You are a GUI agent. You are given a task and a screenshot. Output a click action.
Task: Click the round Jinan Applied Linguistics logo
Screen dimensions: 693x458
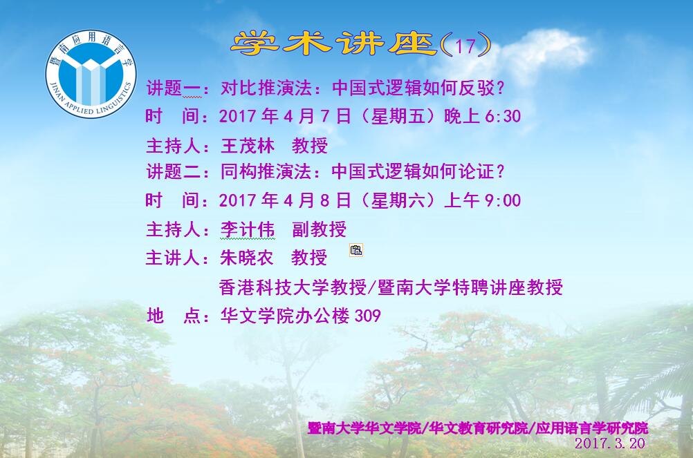coord(91,74)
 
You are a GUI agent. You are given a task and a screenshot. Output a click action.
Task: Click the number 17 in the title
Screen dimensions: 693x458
coord(465,46)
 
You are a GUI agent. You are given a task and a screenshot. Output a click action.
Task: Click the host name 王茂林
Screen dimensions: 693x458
coord(248,146)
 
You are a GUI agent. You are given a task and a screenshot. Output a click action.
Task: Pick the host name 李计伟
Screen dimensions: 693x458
coord(248,229)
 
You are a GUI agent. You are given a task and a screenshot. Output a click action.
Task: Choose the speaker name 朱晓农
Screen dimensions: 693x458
coord(247,258)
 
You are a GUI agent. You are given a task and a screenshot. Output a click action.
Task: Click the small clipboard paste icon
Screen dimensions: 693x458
coord(356,250)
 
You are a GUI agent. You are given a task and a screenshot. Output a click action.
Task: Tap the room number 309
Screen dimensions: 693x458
coord(368,316)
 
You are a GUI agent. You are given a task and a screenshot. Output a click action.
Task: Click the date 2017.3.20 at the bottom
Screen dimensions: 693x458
coord(610,443)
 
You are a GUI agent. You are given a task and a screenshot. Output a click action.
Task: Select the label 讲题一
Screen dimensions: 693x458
coord(174,88)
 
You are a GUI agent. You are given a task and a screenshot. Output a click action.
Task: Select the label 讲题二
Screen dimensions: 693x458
coord(174,171)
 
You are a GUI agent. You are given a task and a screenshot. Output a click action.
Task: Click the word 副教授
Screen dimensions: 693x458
coord(319,229)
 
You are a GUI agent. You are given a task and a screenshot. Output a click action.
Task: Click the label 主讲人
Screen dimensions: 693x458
coord(173,258)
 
